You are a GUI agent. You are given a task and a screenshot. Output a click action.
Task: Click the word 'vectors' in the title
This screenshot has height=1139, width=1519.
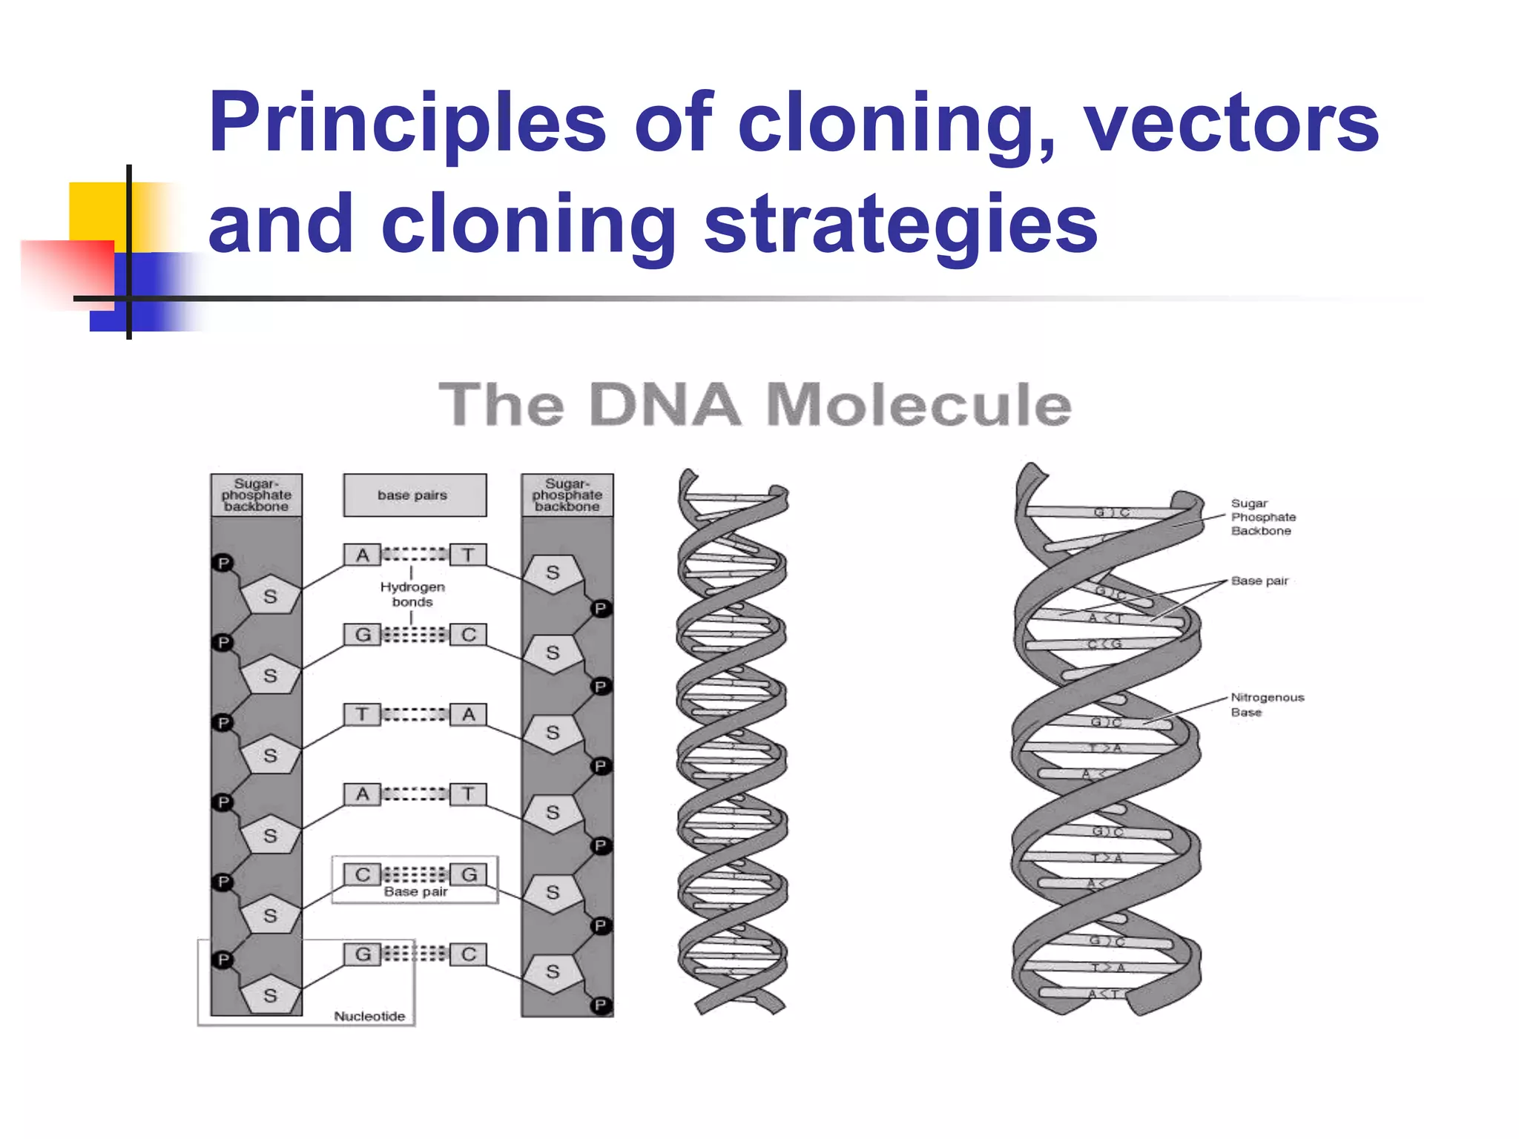(1231, 122)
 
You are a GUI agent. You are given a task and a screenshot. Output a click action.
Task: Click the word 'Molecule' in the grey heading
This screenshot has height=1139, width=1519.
(918, 406)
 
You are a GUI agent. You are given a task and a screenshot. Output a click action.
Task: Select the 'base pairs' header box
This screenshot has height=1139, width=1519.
(415, 495)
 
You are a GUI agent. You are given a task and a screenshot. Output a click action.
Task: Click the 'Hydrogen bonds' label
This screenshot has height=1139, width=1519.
(412, 594)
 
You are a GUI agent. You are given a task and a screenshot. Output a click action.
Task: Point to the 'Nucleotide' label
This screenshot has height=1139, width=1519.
(369, 1016)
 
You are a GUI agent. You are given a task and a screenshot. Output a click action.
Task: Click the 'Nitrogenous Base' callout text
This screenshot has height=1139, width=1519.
(1266, 704)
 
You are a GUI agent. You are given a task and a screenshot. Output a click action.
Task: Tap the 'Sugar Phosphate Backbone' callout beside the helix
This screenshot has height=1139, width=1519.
(1263, 517)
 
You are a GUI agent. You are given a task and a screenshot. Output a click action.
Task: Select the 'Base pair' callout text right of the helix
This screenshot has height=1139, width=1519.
(1259, 581)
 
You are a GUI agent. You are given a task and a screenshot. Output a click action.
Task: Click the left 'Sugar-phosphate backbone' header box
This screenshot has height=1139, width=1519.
(256, 495)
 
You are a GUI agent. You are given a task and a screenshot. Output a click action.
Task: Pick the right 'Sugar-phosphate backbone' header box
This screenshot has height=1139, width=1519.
(567, 495)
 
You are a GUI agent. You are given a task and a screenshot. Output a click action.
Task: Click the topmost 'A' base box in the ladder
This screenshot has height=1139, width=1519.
(362, 555)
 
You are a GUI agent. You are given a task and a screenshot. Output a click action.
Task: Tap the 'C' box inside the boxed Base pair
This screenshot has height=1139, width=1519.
(362, 874)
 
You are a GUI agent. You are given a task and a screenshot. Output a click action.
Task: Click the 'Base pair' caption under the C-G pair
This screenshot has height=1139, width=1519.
(415, 892)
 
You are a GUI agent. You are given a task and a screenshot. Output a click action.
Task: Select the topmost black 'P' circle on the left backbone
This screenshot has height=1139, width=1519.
(223, 563)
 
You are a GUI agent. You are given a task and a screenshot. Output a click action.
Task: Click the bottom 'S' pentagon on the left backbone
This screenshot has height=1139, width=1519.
(271, 995)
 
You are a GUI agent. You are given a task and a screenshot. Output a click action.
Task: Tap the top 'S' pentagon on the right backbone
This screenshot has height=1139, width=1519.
(553, 573)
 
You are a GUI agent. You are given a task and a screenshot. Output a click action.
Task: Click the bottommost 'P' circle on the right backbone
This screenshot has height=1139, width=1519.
(600, 1006)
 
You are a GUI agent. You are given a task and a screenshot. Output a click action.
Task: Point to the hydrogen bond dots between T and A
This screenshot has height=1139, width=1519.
(415, 714)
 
